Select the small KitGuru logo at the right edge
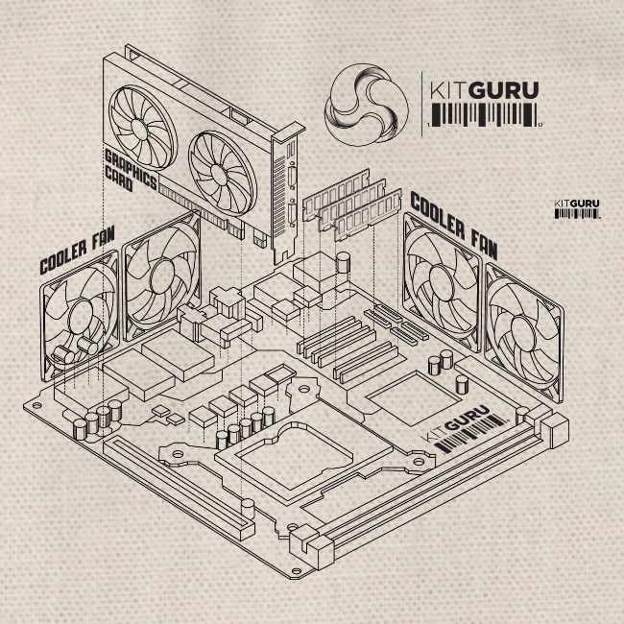(x=577, y=208)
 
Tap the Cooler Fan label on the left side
(x=76, y=252)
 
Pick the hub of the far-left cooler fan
(x=79, y=311)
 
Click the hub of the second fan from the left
(x=161, y=271)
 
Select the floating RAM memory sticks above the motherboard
(x=350, y=204)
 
